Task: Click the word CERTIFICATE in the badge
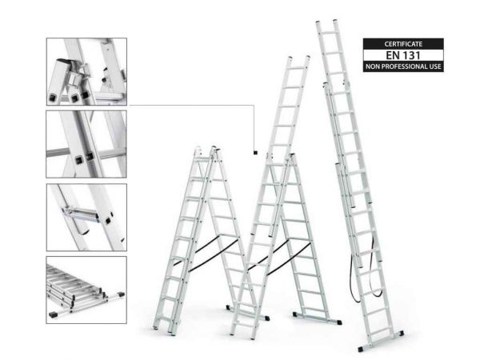(x=403, y=44)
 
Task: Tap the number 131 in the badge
(x=411, y=55)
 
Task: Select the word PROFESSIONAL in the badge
(x=404, y=66)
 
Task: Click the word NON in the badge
(x=372, y=66)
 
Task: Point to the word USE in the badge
(x=436, y=66)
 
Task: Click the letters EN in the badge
(x=393, y=55)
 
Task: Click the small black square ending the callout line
(x=255, y=153)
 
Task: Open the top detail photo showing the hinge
(x=86, y=72)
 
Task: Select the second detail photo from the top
(x=86, y=144)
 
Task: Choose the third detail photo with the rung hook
(x=86, y=218)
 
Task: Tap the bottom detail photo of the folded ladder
(x=86, y=290)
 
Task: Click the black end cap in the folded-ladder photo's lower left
(x=53, y=314)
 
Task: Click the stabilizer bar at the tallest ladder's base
(x=381, y=341)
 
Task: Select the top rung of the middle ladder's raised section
(x=298, y=68)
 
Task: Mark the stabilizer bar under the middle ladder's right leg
(x=317, y=318)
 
